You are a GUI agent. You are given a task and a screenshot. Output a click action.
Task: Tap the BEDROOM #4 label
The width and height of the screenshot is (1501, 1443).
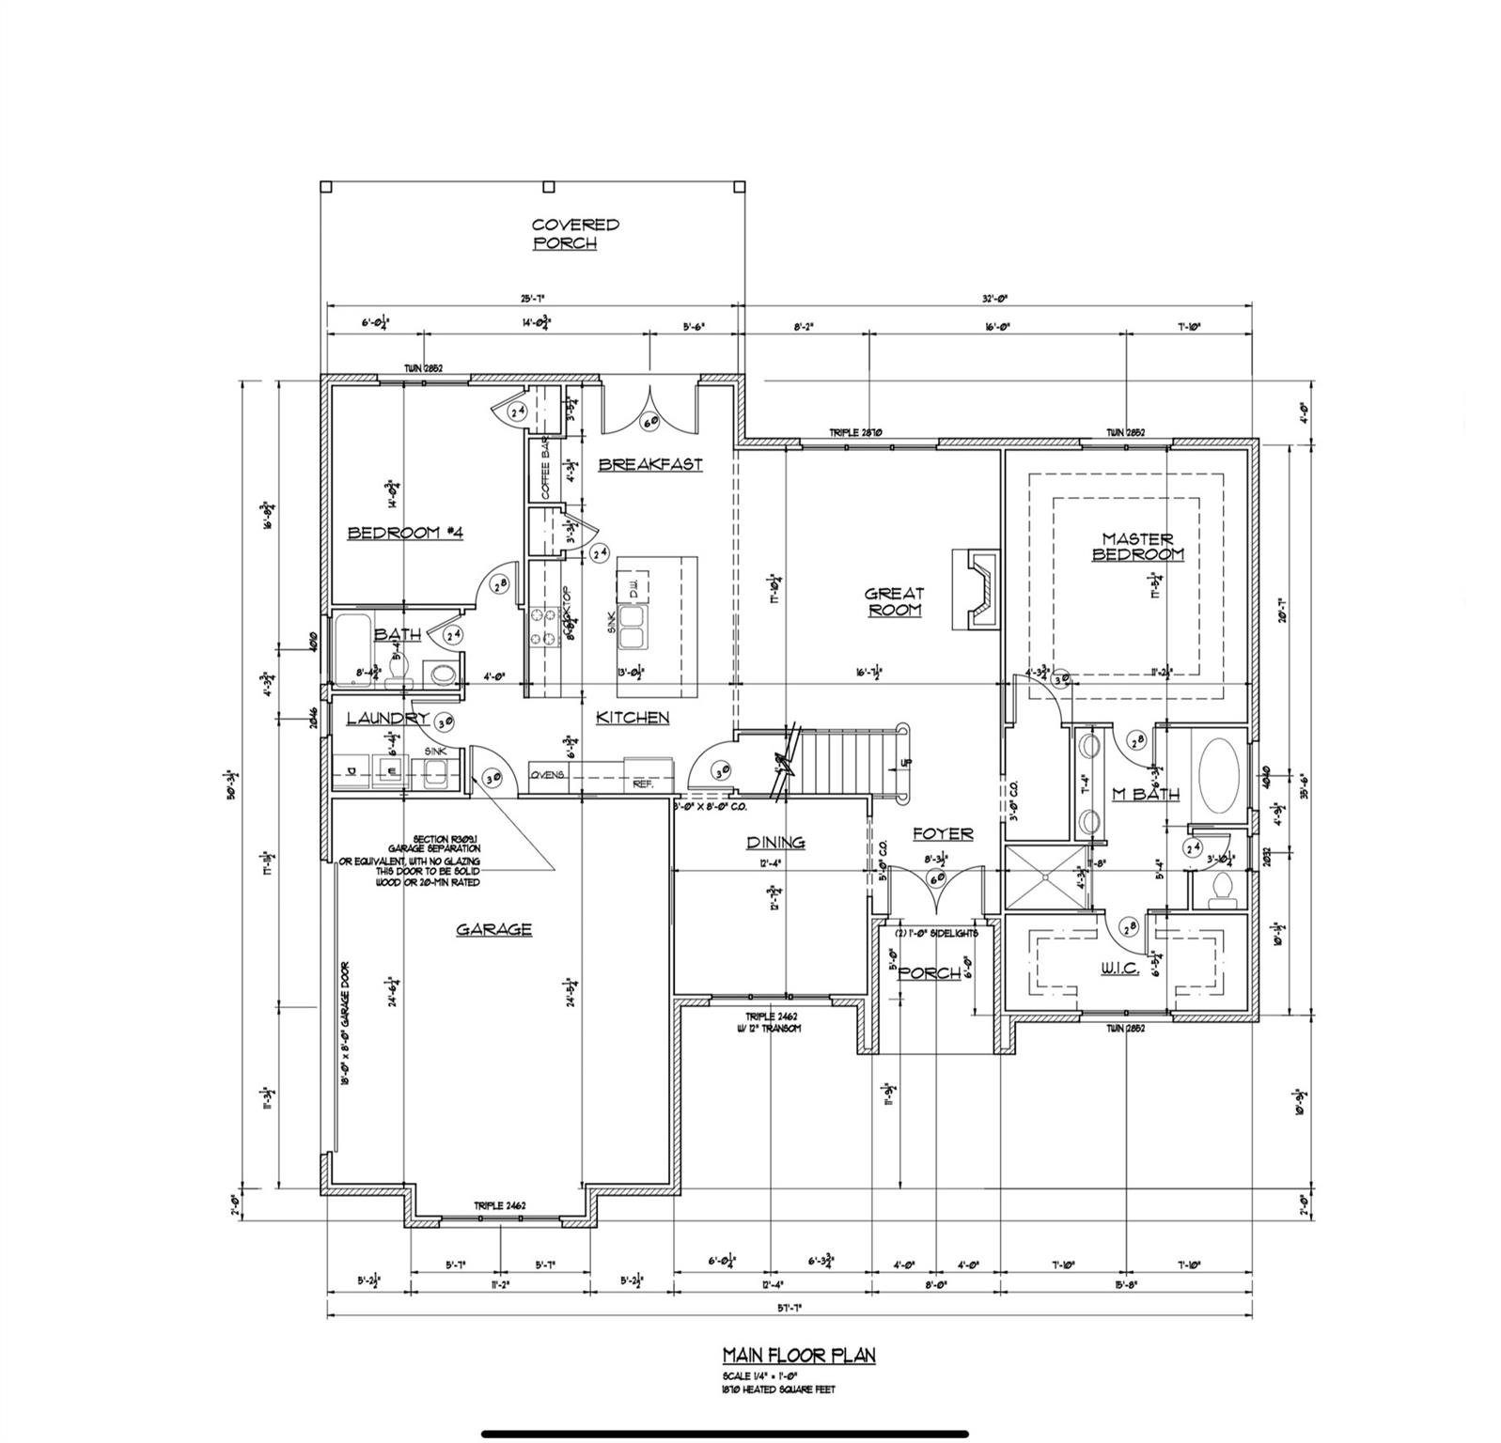[405, 533]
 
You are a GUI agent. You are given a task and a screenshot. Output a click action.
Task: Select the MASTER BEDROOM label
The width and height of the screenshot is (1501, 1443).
[1137, 547]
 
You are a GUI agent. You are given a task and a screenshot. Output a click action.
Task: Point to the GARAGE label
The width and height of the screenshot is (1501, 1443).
[493, 929]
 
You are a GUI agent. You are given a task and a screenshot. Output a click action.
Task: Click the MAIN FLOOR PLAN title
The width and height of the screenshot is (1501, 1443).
[798, 1355]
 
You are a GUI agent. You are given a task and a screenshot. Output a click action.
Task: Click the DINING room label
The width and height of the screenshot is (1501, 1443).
[775, 843]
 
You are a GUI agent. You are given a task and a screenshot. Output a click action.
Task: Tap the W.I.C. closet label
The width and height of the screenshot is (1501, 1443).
[1118, 969]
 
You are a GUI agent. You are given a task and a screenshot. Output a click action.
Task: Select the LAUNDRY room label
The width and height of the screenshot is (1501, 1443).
[387, 718]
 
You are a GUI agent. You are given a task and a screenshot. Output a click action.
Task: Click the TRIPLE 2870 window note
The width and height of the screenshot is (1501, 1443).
[854, 433]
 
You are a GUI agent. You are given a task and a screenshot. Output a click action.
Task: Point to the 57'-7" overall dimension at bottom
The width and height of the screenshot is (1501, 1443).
[789, 1307]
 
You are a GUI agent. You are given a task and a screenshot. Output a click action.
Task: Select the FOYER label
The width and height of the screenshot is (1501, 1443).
[943, 833]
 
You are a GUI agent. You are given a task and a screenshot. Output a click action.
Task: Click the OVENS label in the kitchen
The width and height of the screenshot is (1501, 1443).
[547, 775]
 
